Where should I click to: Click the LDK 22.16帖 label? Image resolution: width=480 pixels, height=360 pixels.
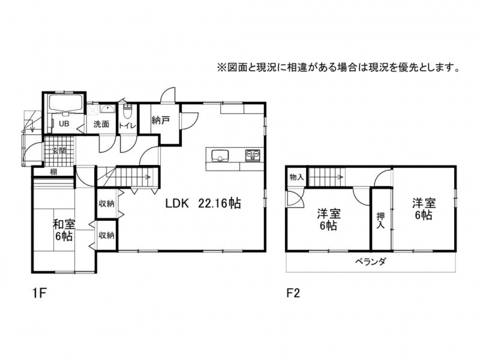pos(203,203)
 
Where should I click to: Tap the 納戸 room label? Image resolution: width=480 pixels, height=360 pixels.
pos(160,121)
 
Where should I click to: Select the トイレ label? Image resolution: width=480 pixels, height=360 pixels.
pos(127,125)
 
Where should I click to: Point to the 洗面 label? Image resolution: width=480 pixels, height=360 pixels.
pos(101,124)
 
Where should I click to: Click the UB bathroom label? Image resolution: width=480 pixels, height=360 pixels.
pos(64,124)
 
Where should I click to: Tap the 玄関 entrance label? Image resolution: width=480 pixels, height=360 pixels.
pos(59,151)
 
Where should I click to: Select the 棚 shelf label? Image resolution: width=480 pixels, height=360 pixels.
pos(53,172)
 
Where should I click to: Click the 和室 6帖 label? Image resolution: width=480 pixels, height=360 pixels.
pos(64,230)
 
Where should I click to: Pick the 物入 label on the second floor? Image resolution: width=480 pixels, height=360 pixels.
pos(296,177)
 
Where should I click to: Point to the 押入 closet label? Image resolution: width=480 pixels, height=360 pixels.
pos(380,220)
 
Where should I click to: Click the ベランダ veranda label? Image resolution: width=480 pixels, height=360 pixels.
pos(370,262)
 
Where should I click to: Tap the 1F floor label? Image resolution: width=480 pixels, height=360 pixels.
pos(39,293)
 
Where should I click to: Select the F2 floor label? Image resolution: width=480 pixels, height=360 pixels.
pos(293,293)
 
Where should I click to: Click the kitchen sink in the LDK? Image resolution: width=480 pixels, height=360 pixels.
pos(220,155)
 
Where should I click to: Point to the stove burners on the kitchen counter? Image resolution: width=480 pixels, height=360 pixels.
pos(253,155)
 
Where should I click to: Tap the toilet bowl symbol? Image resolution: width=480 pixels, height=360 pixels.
pos(127,112)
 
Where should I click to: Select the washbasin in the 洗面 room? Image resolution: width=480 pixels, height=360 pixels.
pos(107,109)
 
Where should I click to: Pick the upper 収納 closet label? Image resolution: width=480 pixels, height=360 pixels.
pos(106,203)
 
